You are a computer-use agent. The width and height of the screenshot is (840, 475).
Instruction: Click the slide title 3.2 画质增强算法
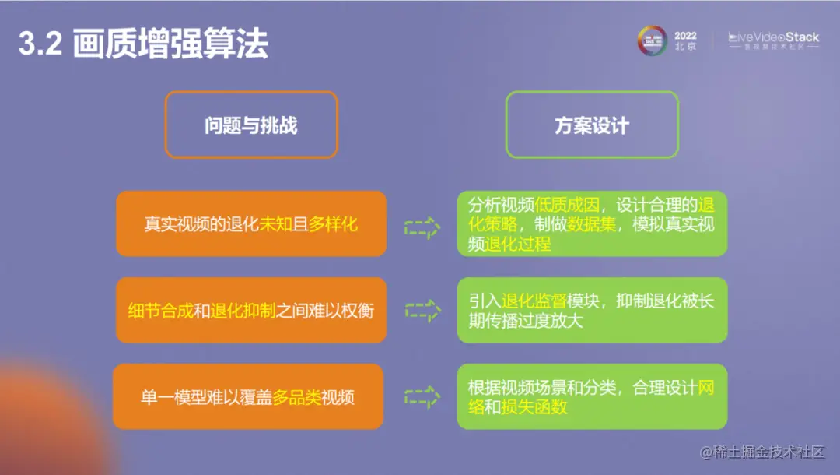(x=143, y=45)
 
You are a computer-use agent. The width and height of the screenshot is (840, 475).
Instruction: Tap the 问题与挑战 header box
(x=250, y=125)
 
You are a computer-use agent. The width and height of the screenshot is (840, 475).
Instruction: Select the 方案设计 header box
(x=592, y=125)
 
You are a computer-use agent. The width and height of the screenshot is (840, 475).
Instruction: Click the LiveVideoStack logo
(x=773, y=40)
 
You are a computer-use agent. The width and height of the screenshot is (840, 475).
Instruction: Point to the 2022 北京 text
(x=685, y=40)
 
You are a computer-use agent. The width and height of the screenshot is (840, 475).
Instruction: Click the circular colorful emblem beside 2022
(x=653, y=40)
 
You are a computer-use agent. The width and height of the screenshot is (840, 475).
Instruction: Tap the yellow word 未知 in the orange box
(x=275, y=224)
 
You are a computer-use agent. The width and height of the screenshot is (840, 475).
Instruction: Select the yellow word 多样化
(x=333, y=224)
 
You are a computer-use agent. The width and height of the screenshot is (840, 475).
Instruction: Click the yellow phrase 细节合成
(x=160, y=311)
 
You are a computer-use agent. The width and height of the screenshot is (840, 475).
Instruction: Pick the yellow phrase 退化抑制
(x=242, y=311)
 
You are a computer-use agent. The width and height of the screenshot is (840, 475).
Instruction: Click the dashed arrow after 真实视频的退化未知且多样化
(x=422, y=227)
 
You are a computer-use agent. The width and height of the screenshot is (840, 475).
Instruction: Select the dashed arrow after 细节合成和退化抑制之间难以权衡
(x=422, y=311)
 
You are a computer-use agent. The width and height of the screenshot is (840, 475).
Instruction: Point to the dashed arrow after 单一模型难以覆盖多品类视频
(x=422, y=396)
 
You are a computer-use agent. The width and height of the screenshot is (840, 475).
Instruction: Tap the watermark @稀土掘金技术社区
(x=761, y=452)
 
